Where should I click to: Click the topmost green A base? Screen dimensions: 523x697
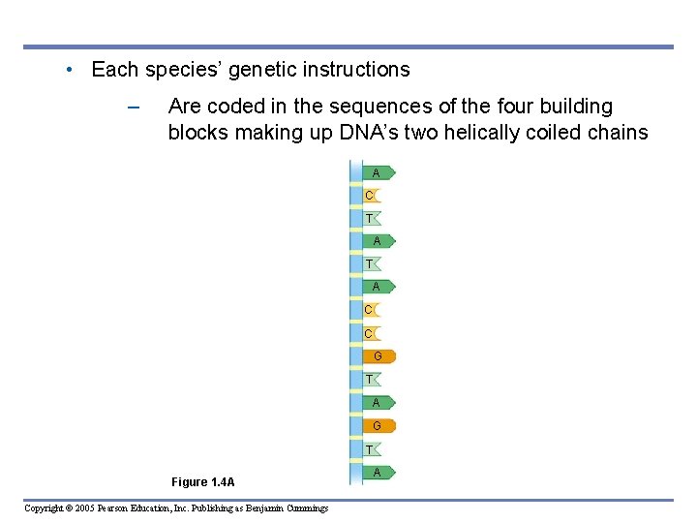click(x=378, y=172)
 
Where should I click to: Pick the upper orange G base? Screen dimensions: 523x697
click(x=379, y=356)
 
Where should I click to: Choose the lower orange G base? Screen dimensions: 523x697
click(x=379, y=426)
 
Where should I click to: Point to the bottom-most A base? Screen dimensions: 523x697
click(x=378, y=472)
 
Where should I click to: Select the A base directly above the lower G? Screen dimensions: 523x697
click(x=378, y=402)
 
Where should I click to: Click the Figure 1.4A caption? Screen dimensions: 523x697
click(x=202, y=482)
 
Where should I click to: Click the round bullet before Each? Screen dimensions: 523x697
click(x=71, y=70)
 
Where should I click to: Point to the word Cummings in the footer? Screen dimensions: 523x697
click(x=304, y=508)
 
